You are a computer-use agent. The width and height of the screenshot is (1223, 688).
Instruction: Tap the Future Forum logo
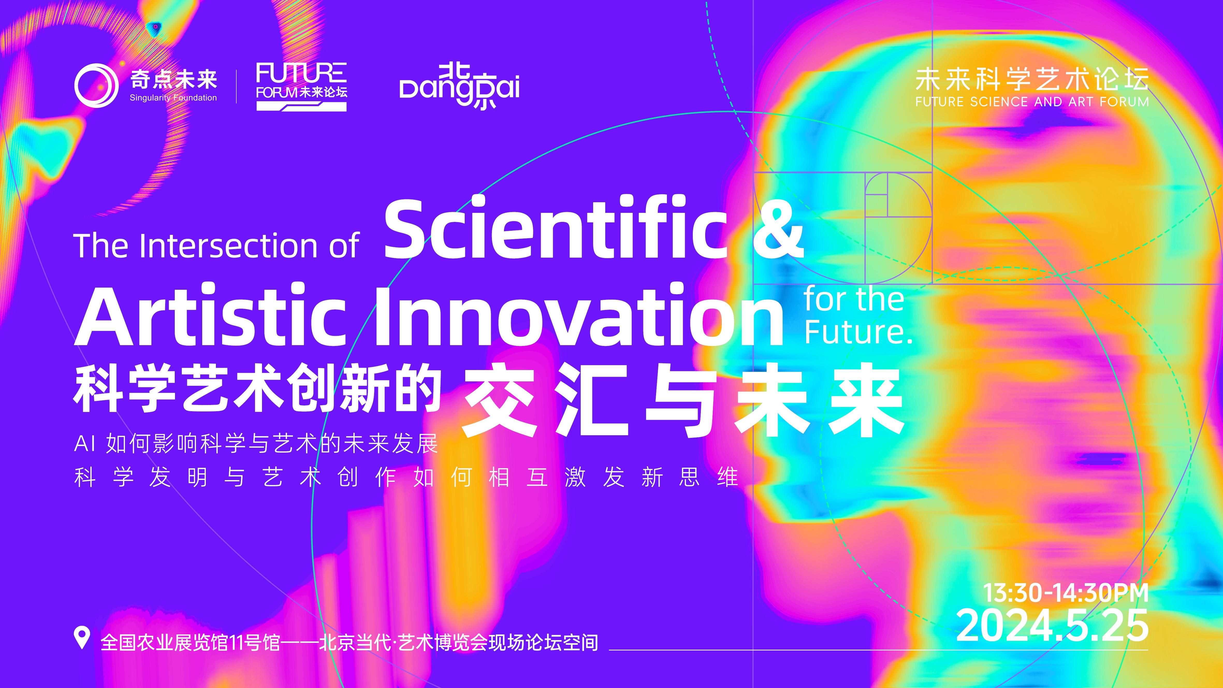tap(301, 86)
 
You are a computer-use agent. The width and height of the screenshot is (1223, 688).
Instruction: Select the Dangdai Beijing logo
tap(459, 87)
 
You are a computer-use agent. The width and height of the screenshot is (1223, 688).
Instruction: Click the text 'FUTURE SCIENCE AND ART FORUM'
tap(1032, 102)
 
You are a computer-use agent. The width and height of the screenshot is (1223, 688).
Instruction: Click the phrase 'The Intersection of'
tap(216, 246)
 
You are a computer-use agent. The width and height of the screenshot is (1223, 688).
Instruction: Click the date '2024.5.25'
tap(1052, 625)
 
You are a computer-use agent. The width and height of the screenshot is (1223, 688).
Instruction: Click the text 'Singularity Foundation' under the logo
tap(173, 98)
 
